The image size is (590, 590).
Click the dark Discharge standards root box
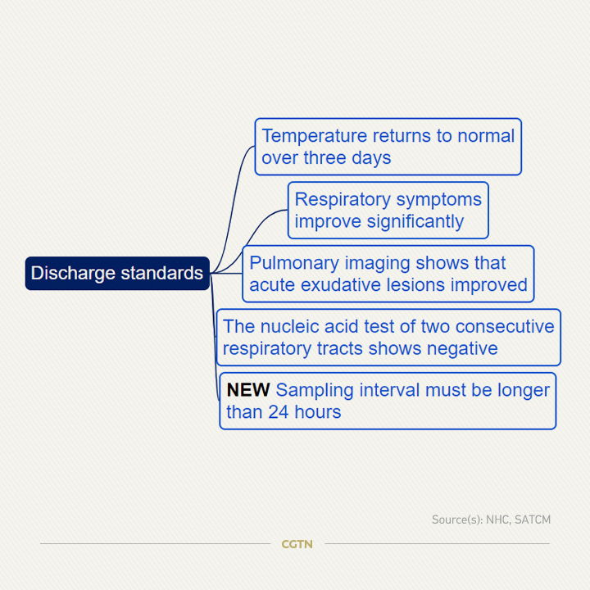(x=117, y=273)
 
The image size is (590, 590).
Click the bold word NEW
(x=248, y=390)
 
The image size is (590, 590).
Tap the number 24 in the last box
(x=279, y=412)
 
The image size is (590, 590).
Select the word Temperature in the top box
(x=314, y=136)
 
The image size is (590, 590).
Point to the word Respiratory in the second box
(x=343, y=200)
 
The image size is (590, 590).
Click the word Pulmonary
(x=294, y=263)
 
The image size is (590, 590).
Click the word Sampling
(x=315, y=391)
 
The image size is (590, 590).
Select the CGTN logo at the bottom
(x=297, y=544)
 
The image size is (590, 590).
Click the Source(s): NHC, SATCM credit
(x=491, y=520)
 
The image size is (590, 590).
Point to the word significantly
(x=415, y=221)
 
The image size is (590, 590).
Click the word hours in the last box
(x=318, y=412)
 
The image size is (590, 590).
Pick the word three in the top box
(x=324, y=157)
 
